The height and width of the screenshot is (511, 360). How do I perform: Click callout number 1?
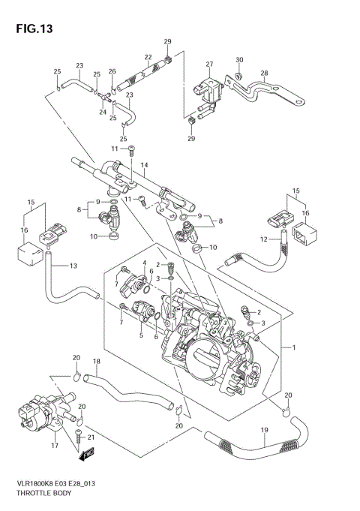pyautogui.click(x=293, y=347)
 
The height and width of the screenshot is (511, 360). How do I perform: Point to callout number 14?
pyautogui.click(x=144, y=164)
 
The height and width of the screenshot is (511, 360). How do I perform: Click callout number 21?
pyautogui.click(x=91, y=437)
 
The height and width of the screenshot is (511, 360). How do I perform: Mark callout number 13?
pyautogui.click(x=73, y=266)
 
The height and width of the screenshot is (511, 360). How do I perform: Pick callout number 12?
pyautogui.click(x=264, y=239)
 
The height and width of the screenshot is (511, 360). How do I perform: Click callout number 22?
pyautogui.click(x=148, y=57)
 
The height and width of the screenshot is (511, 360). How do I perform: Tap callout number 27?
pyautogui.click(x=209, y=65)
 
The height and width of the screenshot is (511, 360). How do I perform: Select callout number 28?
pyautogui.click(x=264, y=73)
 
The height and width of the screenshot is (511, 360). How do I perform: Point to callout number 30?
pyautogui.click(x=239, y=59)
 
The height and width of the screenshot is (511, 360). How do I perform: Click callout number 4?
pyautogui.click(x=142, y=263)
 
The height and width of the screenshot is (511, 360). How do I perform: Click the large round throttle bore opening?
pyautogui.click(x=205, y=356)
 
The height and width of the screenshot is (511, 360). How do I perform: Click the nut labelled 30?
pyautogui.click(x=236, y=75)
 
